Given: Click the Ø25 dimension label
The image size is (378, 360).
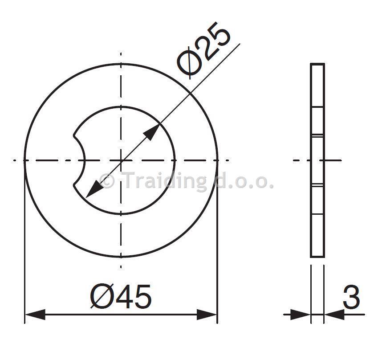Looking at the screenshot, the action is (204, 50).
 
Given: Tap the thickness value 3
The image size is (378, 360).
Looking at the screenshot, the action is (351, 297).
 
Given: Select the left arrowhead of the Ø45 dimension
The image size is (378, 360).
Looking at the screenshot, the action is (35, 315).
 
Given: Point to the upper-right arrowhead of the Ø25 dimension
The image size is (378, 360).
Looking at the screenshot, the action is (151, 132).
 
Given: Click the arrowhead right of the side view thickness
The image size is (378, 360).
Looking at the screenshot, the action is (335, 315).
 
